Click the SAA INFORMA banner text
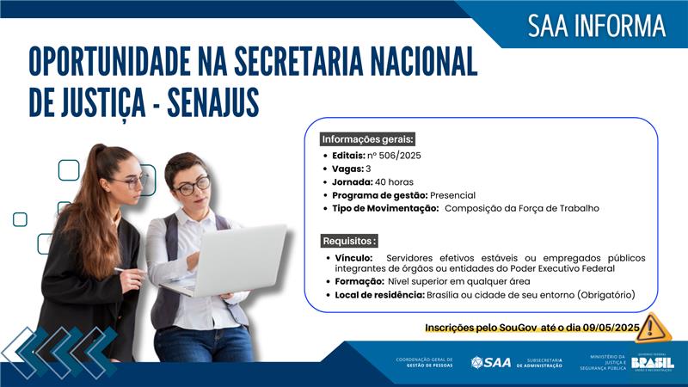point(596,26)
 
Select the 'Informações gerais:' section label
point(367,138)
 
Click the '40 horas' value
point(394,181)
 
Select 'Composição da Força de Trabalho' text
point(521,208)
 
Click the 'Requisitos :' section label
point(349,241)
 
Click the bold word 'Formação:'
point(356,282)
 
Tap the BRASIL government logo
point(652,363)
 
